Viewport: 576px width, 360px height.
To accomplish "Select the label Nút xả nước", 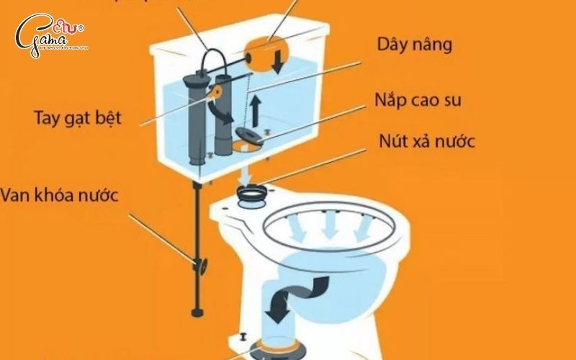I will pyautogui.click(x=427, y=141).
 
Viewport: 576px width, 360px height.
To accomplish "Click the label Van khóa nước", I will pyautogui.click(x=59, y=194).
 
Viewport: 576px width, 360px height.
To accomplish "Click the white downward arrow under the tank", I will pyautogui.click(x=246, y=173).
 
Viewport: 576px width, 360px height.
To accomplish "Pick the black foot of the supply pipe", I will pyautogui.click(x=196, y=312).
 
